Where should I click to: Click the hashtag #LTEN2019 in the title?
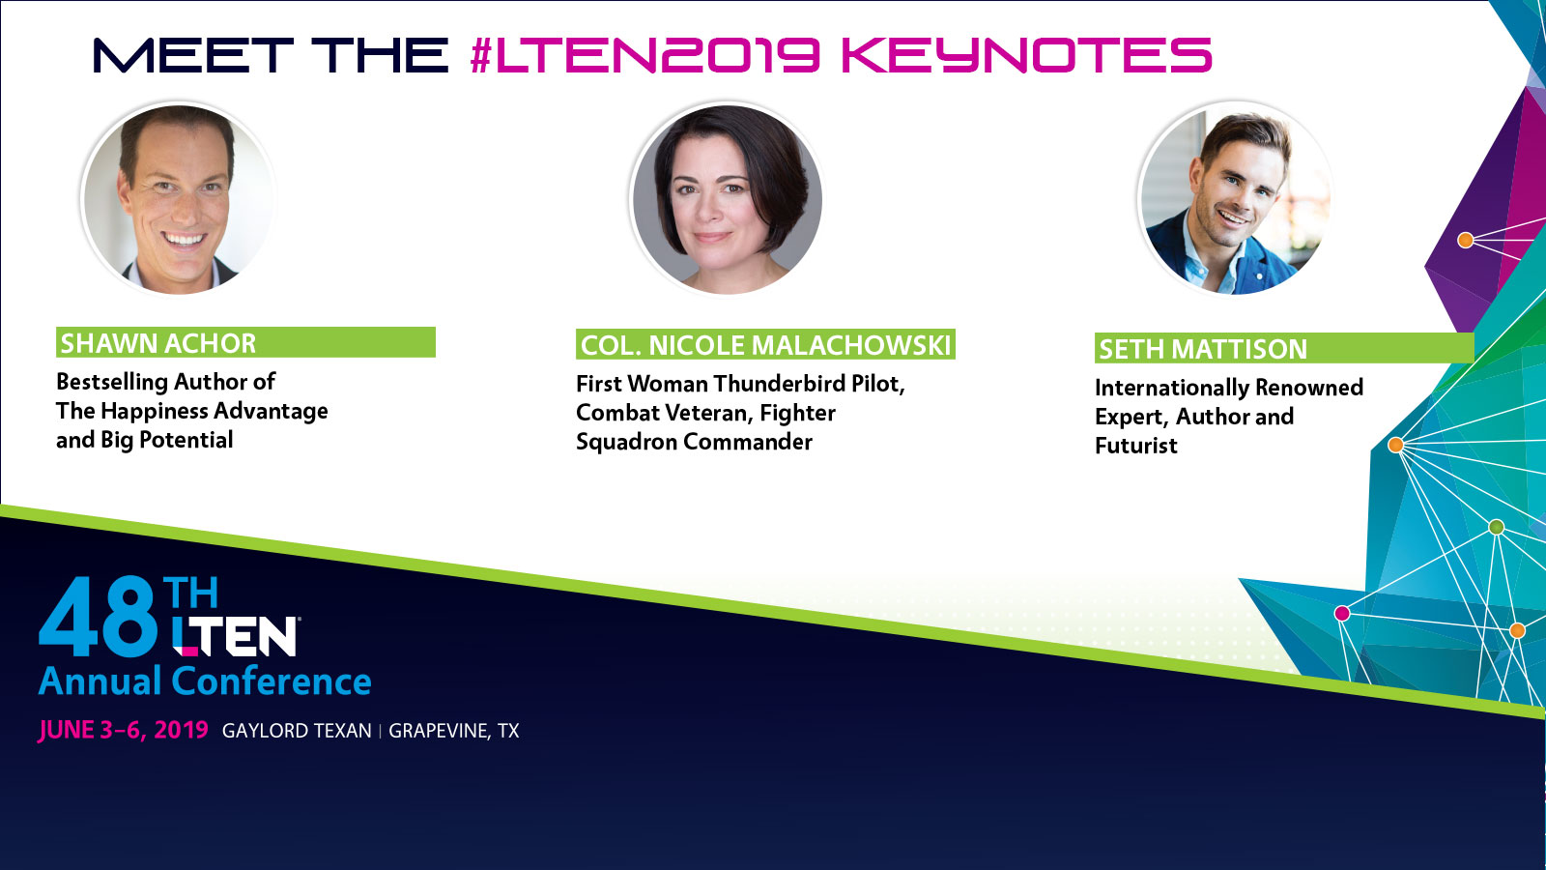[x=644, y=55]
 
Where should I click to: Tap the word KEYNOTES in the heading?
[x=1027, y=55]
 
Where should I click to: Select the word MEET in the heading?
[x=193, y=55]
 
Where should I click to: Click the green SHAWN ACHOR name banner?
[x=245, y=342]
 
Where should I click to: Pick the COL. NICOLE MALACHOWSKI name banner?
[x=765, y=344]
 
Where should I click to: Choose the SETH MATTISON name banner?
[x=1284, y=348]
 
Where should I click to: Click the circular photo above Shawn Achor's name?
[x=178, y=199]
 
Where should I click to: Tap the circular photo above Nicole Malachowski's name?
[x=727, y=199]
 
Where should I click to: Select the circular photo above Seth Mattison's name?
[x=1236, y=199]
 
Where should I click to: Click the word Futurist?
[x=1136, y=446]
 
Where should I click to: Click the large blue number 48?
[x=98, y=616]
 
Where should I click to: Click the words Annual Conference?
[x=205, y=681]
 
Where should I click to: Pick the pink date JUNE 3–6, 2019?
[x=123, y=731]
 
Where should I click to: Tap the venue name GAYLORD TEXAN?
[x=297, y=731]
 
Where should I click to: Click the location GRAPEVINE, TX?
[x=453, y=731]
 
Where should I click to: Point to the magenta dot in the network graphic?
[x=1342, y=613]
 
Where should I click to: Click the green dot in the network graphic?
[x=1497, y=528]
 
